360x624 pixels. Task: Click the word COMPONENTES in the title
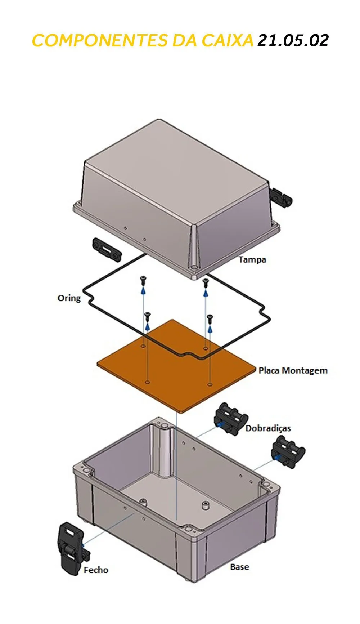pyautogui.click(x=100, y=41)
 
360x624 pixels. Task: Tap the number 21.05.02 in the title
pyautogui.click(x=293, y=41)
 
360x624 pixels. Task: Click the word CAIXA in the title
pyautogui.click(x=228, y=41)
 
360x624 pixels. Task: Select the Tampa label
pyautogui.click(x=252, y=259)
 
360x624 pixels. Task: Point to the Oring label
pyautogui.click(x=69, y=298)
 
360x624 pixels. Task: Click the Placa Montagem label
pyautogui.click(x=293, y=371)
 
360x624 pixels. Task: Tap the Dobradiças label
pyautogui.click(x=268, y=428)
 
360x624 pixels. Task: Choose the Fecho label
pyautogui.click(x=96, y=570)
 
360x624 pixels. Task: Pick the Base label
pyautogui.click(x=239, y=567)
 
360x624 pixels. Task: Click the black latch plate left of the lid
pyautogui.click(x=107, y=249)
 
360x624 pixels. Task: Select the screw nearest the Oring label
pyautogui.click(x=143, y=279)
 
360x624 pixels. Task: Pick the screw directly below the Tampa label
pyautogui.click(x=206, y=282)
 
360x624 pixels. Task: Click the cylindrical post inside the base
pyautogui.click(x=164, y=450)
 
